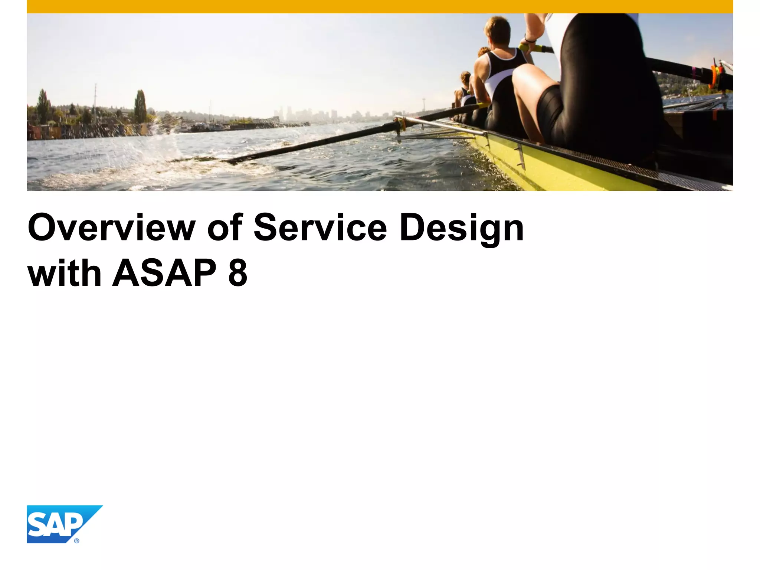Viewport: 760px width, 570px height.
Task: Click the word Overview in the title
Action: point(111,227)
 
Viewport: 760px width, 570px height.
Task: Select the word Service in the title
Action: point(320,227)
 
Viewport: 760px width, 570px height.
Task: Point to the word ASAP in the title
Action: point(164,273)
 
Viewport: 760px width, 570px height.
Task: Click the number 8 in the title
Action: point(237,273)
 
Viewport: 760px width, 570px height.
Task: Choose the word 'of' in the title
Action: point(225,227)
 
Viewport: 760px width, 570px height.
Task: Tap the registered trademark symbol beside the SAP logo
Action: point(77,541)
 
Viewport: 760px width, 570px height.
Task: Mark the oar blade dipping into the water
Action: point(208,160)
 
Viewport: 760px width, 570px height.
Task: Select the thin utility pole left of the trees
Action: point(95,100)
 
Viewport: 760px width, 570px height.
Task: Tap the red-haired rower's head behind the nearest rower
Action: point(483,52)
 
